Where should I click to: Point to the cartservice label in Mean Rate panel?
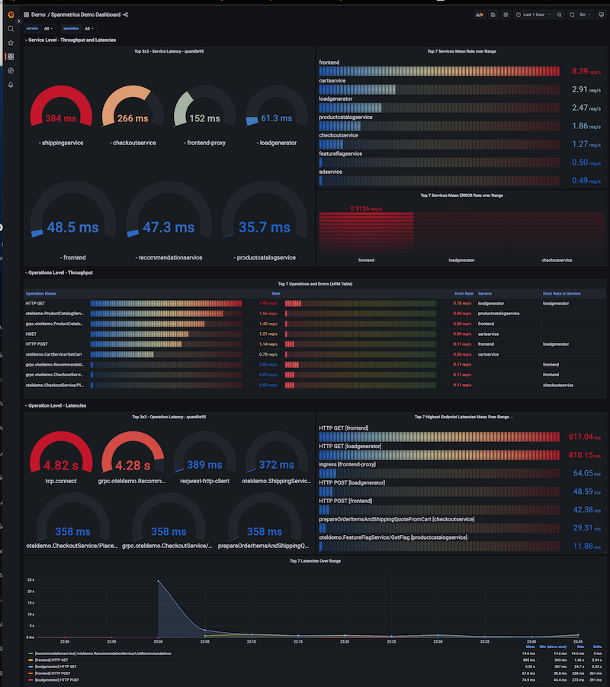333,80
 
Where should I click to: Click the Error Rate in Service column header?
562,293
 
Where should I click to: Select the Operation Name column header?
40,293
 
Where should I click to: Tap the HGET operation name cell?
31,334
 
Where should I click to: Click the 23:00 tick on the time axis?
158,641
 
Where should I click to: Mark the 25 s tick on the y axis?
30,580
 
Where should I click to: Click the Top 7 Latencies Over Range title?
315,561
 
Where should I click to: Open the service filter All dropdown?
48,28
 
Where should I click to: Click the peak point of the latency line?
158,581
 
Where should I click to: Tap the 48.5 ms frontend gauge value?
72,227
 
